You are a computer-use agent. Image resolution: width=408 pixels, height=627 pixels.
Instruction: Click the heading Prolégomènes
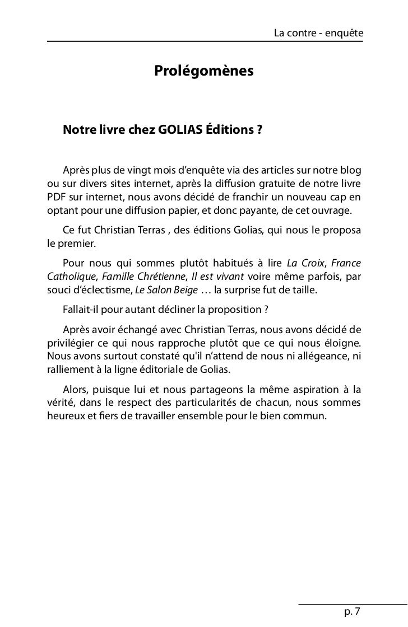pos(203,72)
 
